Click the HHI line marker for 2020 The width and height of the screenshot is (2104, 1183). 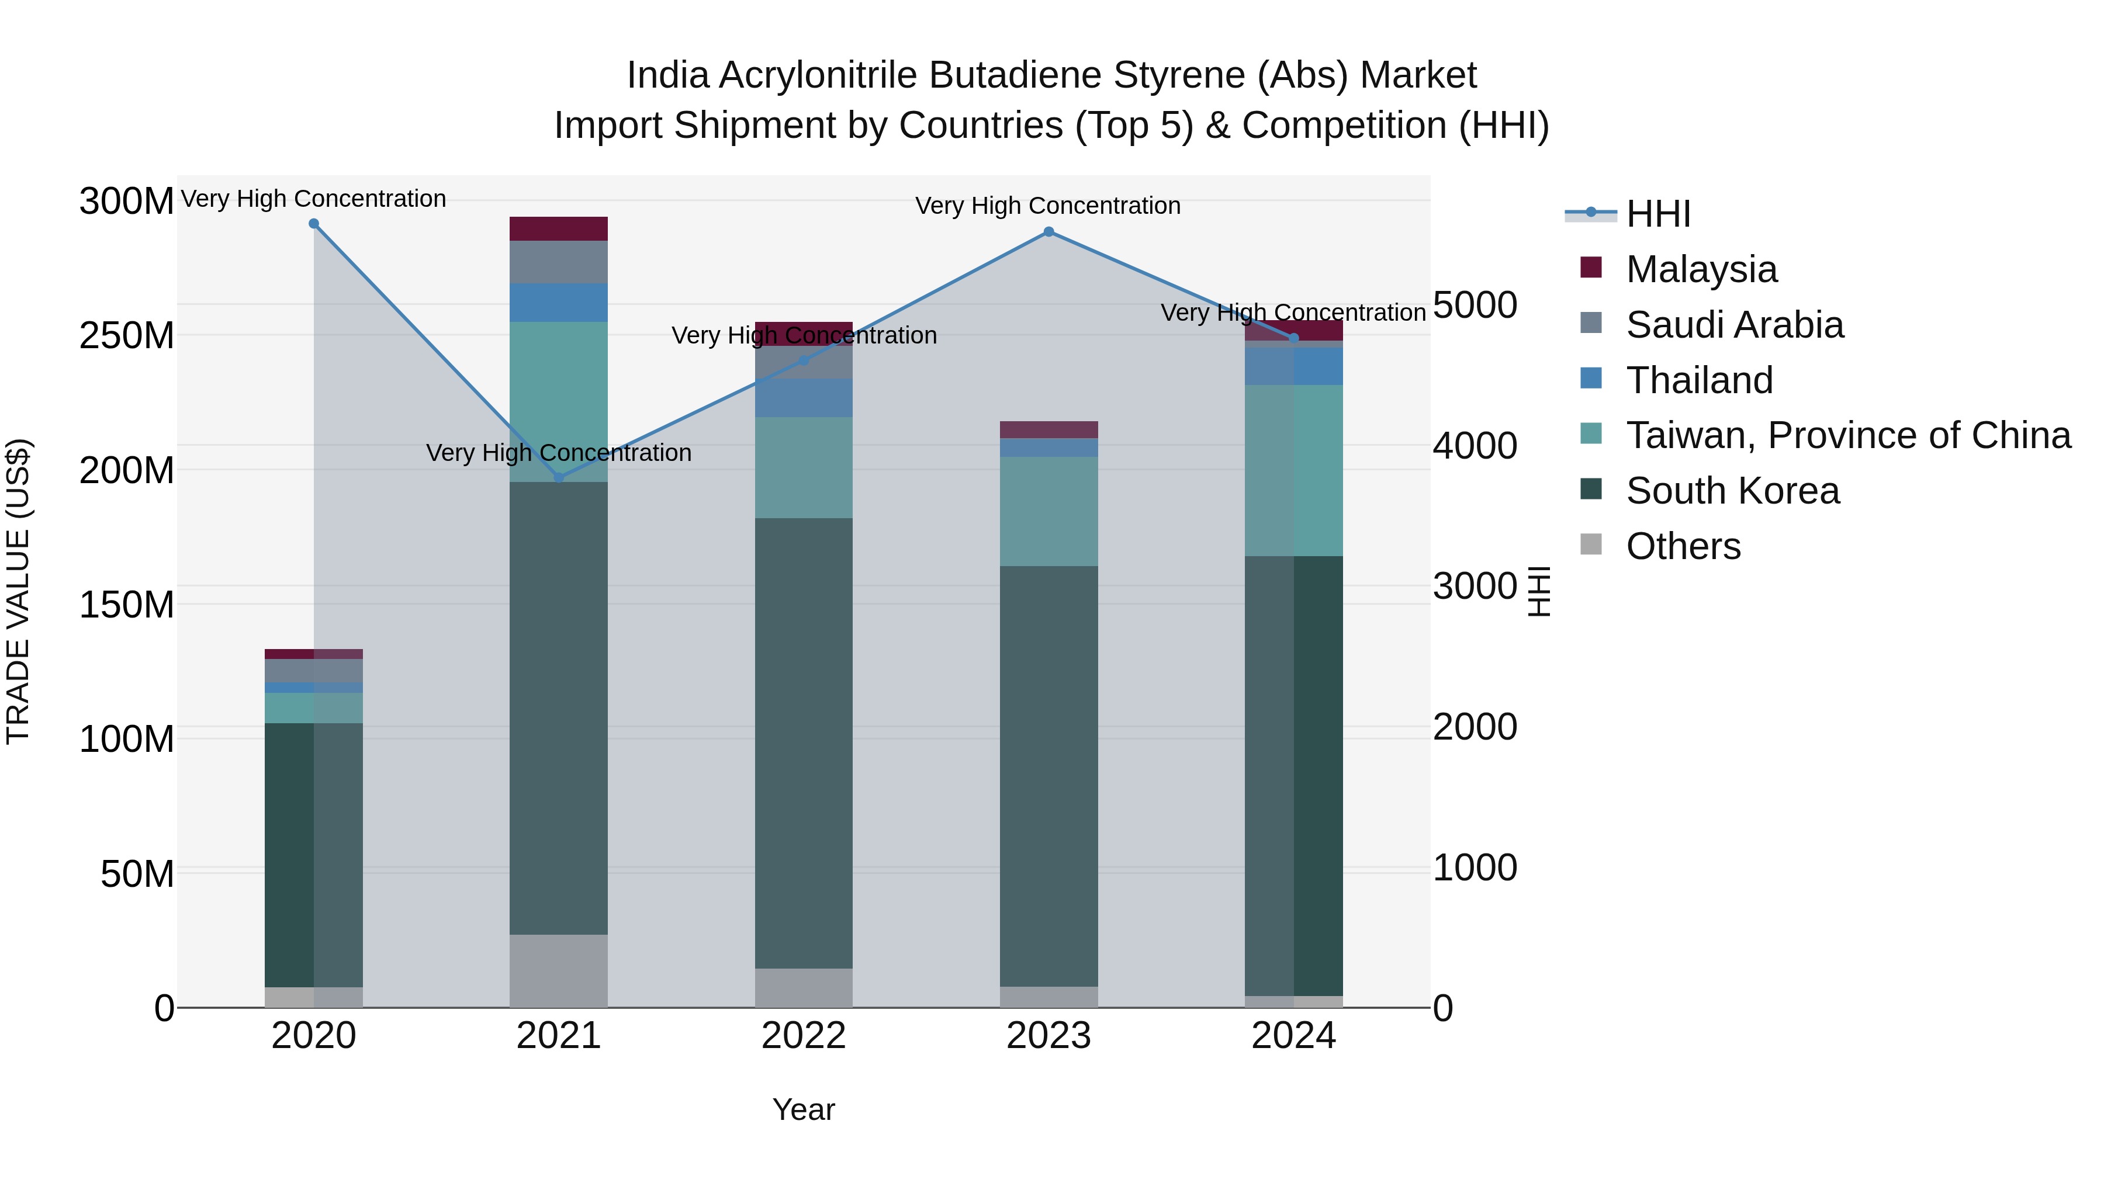pos(314,224)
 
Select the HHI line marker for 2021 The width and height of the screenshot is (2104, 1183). pos(559,478)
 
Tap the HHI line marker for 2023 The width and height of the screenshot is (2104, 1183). pos(1048,232)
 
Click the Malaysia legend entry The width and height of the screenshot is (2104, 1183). pos(1701,269)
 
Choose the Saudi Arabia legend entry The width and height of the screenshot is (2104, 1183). pos(1734,325)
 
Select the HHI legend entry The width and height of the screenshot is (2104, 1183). pos(1657,214)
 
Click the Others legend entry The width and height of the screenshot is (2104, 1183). pos(1683,546)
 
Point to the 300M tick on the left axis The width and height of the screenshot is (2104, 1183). pos(127,201)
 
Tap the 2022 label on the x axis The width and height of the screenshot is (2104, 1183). pos(804,1036)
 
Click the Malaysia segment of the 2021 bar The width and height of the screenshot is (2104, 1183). pos(559,228)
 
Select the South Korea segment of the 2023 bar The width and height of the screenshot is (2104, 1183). pos(1048,776)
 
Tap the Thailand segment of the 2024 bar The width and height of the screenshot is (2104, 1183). pos(1294,366)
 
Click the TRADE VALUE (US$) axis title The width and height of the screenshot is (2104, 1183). pos(18,591)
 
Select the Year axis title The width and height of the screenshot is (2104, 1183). pos(804,1109)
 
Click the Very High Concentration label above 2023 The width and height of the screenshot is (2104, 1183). pos(1048,206)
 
